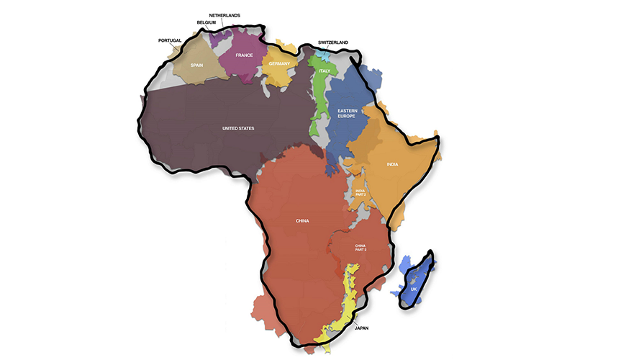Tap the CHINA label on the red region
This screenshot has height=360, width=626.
coord(301,220)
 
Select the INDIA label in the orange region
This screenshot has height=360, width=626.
coord(392,164)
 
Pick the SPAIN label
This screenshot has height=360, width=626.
coord(196,65)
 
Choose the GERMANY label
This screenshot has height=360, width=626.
coord(278,63)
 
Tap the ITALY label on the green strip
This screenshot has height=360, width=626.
coord(325,71)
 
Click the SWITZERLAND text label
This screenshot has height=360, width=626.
coord(332,42)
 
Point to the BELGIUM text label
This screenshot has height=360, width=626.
coord(207,23)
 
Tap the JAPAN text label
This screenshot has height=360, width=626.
coord(362,328)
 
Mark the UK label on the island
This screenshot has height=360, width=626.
coord(413,289)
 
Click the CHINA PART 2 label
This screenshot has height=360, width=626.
coord(360,248)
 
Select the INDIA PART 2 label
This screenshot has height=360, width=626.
coord(360,193)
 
